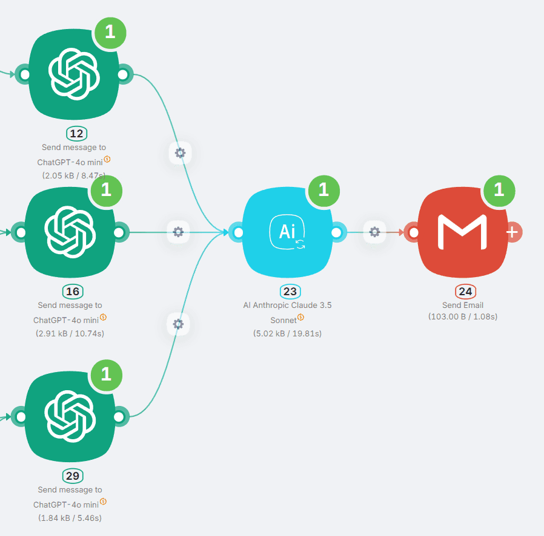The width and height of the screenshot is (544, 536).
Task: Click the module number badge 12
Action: click(x=76, y=134)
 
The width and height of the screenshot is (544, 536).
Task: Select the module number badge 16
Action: click(x=72, y=292)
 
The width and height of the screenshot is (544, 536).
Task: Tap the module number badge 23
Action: click(x=290, y=292)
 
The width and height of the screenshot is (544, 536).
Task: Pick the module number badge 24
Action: click(x=465, y=292)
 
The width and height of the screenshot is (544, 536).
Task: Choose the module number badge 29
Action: click(x=72, y=476)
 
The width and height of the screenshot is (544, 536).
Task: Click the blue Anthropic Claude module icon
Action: click(x=287, y=232)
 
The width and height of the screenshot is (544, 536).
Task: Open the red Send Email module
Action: click(x=463, y=232)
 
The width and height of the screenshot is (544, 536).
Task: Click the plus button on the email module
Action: click(x=512, y=232)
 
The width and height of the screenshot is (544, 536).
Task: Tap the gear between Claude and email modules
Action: click(x=374, y=232)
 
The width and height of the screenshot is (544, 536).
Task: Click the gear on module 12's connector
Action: click(x=180, y=152)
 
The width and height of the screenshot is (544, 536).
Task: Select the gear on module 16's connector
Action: click(x=178, y=232)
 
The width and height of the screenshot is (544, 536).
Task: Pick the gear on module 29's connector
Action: click(x=178, y=324)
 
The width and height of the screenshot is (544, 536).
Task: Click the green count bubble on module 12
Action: click(x=110, y=32)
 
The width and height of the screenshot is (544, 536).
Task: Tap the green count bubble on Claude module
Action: click(x=323, y=190)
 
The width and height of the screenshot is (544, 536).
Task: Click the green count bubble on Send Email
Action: click(x=499, y=190)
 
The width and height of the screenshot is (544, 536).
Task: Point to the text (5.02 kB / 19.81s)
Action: click(x=287, y=333)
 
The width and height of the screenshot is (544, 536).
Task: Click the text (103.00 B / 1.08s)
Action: click(x=463, y=316)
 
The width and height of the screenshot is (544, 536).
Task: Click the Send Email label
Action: click(x=463, y=305)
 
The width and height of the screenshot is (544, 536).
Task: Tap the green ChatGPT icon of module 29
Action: click(x=70, y=416)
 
